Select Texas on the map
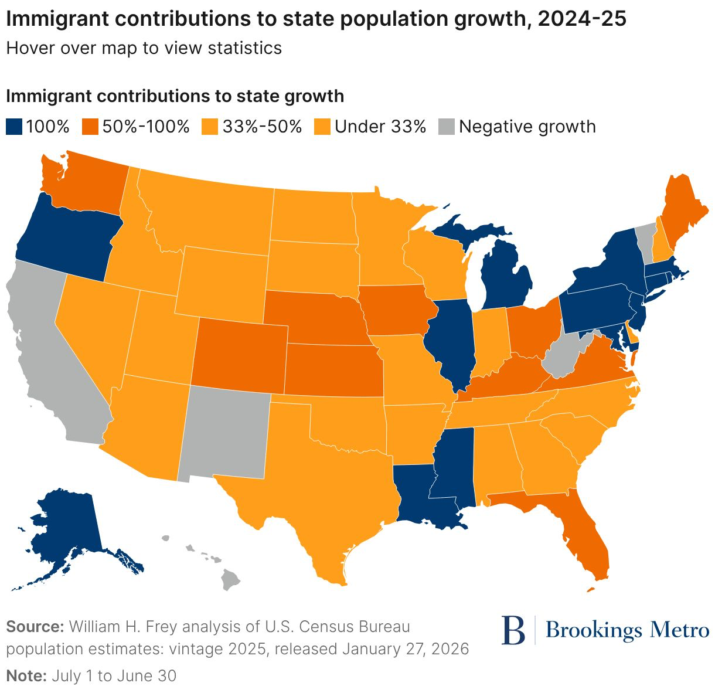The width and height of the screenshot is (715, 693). click(328, 492)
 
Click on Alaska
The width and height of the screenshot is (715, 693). click(64, 528)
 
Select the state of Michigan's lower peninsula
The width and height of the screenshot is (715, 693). click(504, 276)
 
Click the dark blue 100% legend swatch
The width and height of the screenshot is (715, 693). click(15, 127)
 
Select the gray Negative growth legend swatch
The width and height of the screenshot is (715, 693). click(447, 127)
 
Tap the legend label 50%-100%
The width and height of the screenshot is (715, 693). click(146, 127)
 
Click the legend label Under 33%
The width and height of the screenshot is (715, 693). click(380, 127)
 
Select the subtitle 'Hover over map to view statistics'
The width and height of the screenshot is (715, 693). click(144, 47)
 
